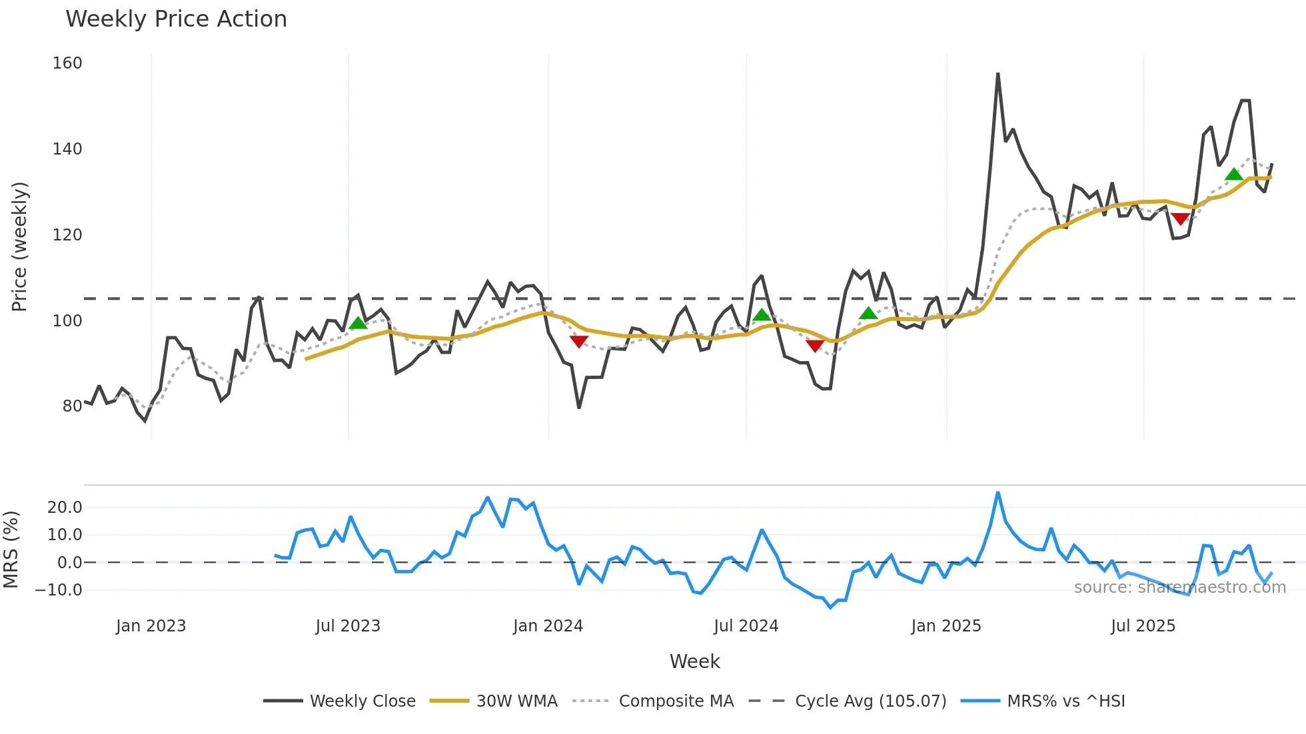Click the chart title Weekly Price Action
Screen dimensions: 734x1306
pos(176,19)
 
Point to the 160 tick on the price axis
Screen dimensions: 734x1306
pos(67,63)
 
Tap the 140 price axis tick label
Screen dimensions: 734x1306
pos(67,149)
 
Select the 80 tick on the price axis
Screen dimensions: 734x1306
pos(72,406)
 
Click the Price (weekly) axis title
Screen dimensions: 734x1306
pos(19,246)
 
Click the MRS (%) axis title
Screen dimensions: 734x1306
pos(11,550)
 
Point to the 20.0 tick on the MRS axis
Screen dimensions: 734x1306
pos(65,508)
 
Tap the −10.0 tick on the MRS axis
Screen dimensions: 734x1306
pos(59,590)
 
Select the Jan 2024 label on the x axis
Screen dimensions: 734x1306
pos(548,626)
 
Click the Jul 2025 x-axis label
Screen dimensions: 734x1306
pos(1143,626)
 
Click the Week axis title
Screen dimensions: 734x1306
pos(694,661)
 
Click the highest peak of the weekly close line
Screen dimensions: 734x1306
pos(997,74)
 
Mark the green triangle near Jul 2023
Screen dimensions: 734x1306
pos(358,323)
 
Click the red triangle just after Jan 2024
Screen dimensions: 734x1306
pos(579,342)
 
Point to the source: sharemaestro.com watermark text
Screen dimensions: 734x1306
pos(1179,587)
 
